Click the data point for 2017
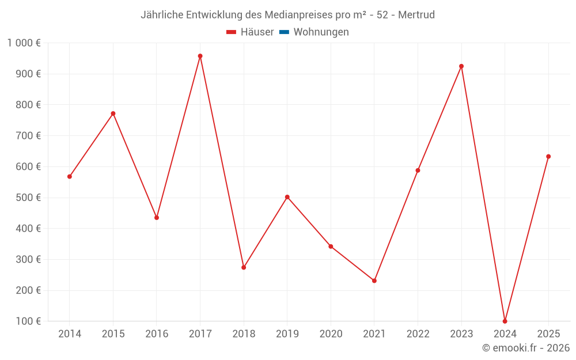pyautogui.click(x=200, y=56)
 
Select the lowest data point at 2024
pyautogui.click(x=505, y=321)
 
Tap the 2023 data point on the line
pyautogui.click(x=461, y=66)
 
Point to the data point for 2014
pyautogui.click(x=70, y=176)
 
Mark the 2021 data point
pyautogui.click(x=374, y=281)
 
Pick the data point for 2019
pyautogui.click(x=287, y=197)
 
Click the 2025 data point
pyautogui.click(x=548, y=157)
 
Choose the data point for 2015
pyautogui.click(x=113, y=113)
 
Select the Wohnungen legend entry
pyautogui.click(x=321, y=32)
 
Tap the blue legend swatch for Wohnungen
pyautogui.click(x=284, y=32)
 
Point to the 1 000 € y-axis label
pyautogui.click(x=24, y=43)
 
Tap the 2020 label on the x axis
pyautogui.click(x=331, y=334)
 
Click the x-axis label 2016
pyautogui.click(x=157, y=334)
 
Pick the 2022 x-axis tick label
pyautogui.click(x=418, y=334)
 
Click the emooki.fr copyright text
pyautogui.click(x=525, y=348)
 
